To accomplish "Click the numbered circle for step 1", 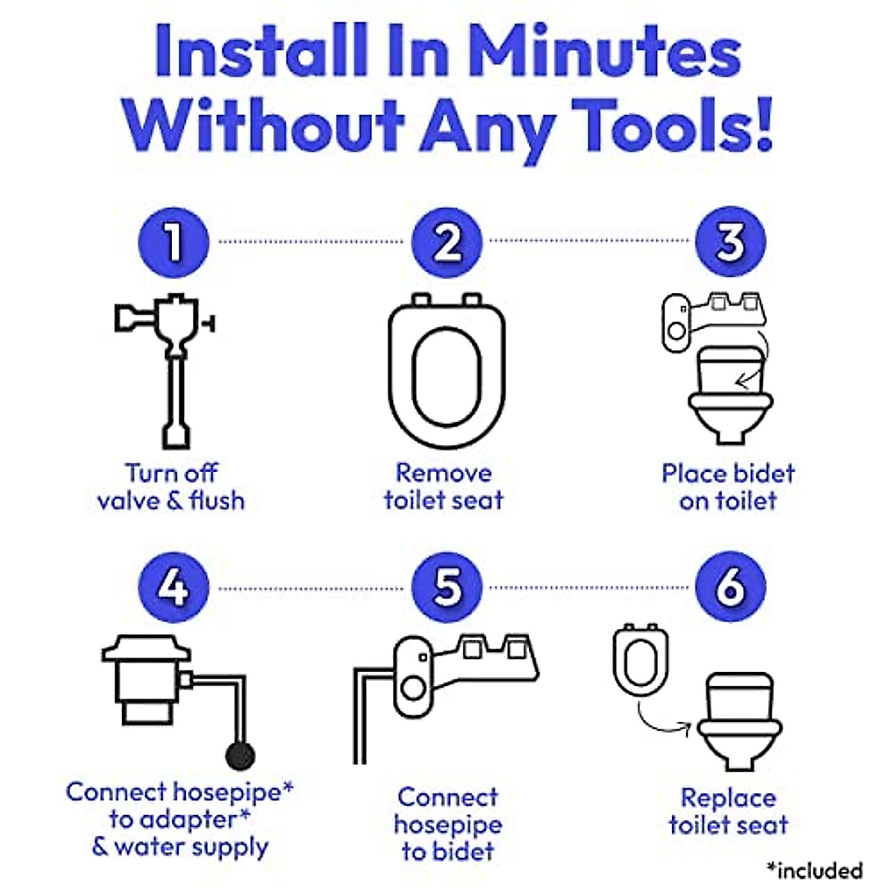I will (173, 241).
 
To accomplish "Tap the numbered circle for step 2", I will (446, 241).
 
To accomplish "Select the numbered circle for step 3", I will (730, 241).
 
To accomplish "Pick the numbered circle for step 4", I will (173, 588).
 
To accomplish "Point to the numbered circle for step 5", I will (446, 588).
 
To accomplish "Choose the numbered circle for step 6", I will (730, 588).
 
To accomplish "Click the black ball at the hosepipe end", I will (240, 756).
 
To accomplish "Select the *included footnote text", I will (814, 870).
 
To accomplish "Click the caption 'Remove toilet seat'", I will (444, 487).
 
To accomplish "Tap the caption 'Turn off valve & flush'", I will (171, 487).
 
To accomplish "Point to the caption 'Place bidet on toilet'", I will (728, 487).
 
